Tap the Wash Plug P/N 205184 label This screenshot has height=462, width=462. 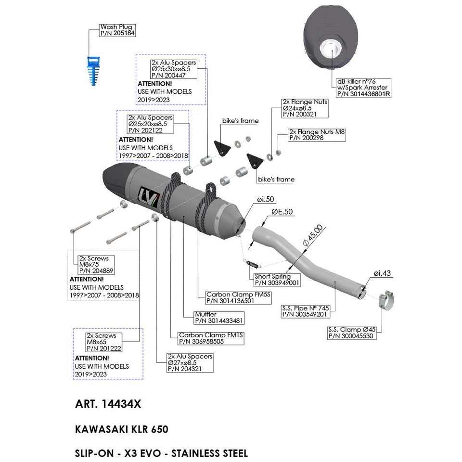point(117,30)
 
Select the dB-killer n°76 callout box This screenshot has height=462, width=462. point(363,88)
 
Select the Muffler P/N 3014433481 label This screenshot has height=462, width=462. point(218,317)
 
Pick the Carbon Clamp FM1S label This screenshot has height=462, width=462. point(210,338)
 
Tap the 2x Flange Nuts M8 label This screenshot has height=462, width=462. point(317,135)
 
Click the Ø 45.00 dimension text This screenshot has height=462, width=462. point(313,235)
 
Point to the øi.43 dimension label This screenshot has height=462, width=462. point(382,273)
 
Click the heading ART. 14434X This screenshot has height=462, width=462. point(108,404)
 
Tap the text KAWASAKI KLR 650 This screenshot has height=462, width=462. point(122,429)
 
